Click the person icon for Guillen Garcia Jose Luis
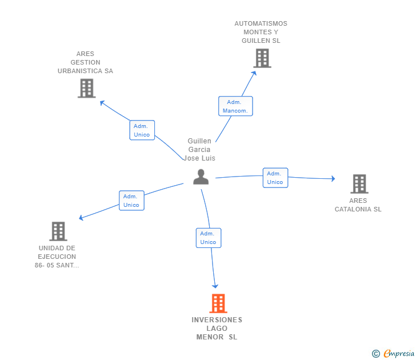click(x=201, y=177)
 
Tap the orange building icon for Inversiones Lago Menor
click(x=218, y=303)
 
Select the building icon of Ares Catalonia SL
click(x=359, y=183)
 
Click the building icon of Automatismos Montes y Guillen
click(x=262, y=58)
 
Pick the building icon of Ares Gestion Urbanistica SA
click(x=86, y=89)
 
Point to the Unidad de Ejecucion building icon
click(x=58, y=231)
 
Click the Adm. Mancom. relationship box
click(x=235, y=106)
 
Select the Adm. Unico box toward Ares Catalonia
click(x=275, y=178)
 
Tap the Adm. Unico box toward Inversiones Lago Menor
click(x=208, y=238)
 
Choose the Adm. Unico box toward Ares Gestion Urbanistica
click(x=142, y=130)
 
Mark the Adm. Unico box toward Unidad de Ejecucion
click(x=131, y=201)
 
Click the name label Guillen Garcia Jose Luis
click(x=199, y=150)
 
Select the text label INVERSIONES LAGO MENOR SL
click(x=217, y=329)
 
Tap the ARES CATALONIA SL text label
click(x=358, y=205)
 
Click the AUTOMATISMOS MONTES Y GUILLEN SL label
click(x=261, y=33)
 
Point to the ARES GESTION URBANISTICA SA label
click(x=86, y=62)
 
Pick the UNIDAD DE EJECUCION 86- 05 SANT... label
click(x=57, y=257)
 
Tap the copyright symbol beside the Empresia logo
click(x=376, y=354)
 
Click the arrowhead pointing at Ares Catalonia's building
click(x=333, y=179)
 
